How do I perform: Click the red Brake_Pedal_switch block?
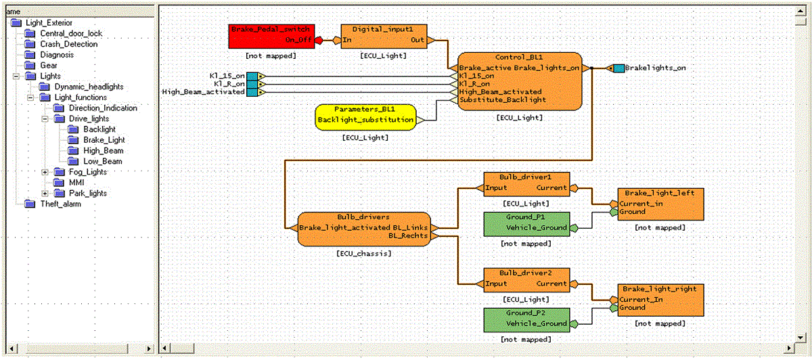[271, 35]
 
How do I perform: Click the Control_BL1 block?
[520, 81]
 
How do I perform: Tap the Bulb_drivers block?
[364, 229]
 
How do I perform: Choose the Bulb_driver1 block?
[526, 183]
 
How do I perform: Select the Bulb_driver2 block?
[526, 278]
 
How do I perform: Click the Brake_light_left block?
[660, 202]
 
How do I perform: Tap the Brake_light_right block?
[660, 298]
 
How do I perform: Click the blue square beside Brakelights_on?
[618, 68]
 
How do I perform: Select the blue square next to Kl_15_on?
[252, 75]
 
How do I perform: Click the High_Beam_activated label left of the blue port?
[204, 92]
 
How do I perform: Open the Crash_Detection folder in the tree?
[68, 44]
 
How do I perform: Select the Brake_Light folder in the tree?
[104, 139]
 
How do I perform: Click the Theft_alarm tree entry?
[60, 204]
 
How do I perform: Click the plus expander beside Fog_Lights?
[45, 172]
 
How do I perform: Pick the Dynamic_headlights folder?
[89, 87]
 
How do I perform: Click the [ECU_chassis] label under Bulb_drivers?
[364, 254]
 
